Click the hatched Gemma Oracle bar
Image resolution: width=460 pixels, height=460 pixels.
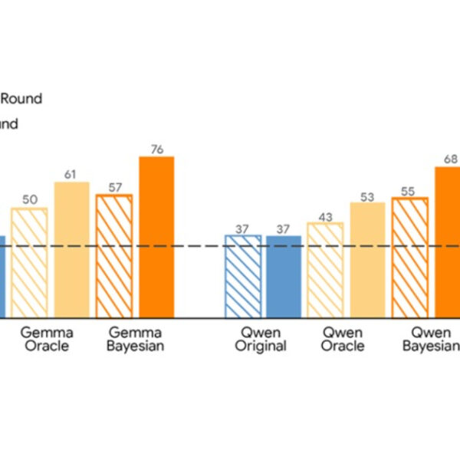[x=29, y=262]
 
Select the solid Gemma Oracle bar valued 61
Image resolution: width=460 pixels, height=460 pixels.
[x=71, y=249]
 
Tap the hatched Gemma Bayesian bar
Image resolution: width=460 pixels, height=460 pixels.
[x=114, y=255]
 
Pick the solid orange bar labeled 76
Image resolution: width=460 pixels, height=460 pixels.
[x=156, y=236]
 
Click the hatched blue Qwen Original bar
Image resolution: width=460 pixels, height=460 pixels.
[x=242, y=276]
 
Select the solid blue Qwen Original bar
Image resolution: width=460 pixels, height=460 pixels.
[x=284, y=276]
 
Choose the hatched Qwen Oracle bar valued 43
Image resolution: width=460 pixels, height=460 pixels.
[x=326, y=269]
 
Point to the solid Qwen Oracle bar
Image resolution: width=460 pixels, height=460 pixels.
[x=367, y=259]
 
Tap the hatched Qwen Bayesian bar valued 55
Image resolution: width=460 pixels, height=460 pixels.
[x=410, y=256]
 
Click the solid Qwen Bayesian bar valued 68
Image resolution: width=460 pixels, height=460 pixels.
[x=448, y=242]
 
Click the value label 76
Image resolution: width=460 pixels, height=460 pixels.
[x=156, y=149]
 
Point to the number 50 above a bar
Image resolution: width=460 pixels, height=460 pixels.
[x=30, y=200]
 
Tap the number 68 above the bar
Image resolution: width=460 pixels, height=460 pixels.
[x=452, y=159]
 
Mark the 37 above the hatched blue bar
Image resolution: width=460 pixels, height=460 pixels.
[x=242, y=228]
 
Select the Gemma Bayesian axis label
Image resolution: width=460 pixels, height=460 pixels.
[x=136, y=339]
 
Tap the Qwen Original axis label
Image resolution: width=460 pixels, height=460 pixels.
[x=261, y=339]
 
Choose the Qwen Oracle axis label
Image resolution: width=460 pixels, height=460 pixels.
[x=343, y=339]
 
